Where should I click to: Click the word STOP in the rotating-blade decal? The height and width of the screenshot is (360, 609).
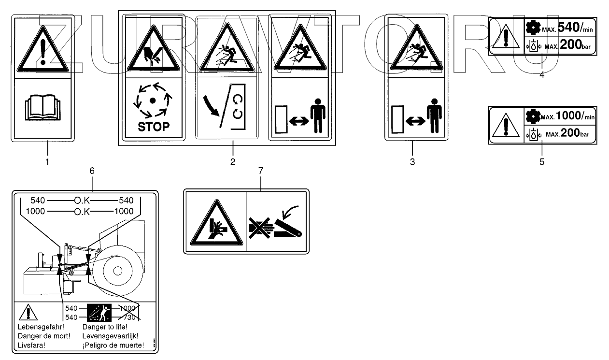tap(154, 127)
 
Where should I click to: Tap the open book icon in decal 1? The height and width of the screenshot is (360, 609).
tap(42, 107)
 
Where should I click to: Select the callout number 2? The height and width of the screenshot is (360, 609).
tap(233, 162)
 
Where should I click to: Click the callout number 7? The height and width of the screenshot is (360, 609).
tap(261, 171)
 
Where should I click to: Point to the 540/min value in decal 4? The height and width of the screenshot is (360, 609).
tap(575, 28)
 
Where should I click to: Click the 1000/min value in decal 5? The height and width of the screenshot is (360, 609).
tap(575, 116)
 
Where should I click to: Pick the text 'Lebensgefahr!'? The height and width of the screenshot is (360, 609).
tap(41, 327)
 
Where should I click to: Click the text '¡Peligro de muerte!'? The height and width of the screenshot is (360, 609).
tap(113, 346)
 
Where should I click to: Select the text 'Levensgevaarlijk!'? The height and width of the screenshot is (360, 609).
tap(111, 336)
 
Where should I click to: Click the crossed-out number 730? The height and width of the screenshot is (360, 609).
tap(129, 317)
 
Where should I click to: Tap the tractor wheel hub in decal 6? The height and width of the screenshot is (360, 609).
tap(118, 271)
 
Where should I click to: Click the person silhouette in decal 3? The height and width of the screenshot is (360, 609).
tap(434, 115)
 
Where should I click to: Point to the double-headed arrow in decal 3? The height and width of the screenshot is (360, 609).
tap(415, 121)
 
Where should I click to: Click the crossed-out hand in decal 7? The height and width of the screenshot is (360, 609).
tap(261, 228)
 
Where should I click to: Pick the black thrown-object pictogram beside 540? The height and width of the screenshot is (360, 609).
tap(99, 313)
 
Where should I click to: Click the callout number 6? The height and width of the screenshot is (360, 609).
tap(92, 171)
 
